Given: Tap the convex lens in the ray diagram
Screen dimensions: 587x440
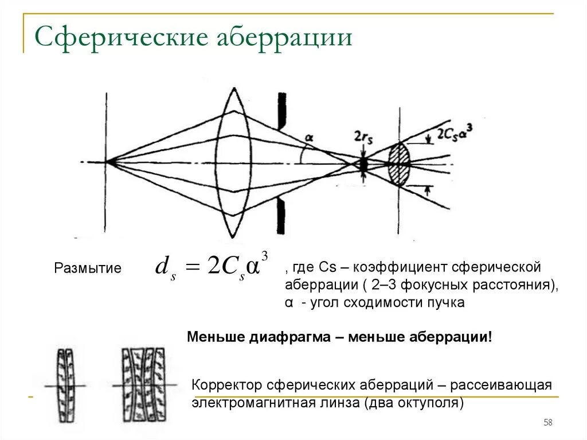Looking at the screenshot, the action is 233,162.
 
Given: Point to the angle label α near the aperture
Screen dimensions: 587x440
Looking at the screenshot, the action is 310,138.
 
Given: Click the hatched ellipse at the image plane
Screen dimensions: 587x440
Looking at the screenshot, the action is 400,164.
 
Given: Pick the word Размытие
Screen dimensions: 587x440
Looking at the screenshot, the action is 88,268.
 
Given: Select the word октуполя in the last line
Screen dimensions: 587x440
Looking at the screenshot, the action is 432,402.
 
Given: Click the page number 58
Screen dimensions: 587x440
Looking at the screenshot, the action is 547,423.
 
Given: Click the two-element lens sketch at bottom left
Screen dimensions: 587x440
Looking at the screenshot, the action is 66,385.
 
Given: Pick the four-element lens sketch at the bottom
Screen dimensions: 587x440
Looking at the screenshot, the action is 143,385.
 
